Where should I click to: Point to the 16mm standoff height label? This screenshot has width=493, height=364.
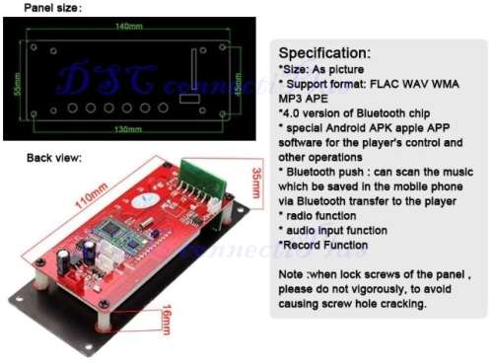point(166,320)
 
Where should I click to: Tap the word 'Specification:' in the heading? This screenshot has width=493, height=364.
point(324,52)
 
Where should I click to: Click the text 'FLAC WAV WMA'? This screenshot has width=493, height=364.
point(413,85)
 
